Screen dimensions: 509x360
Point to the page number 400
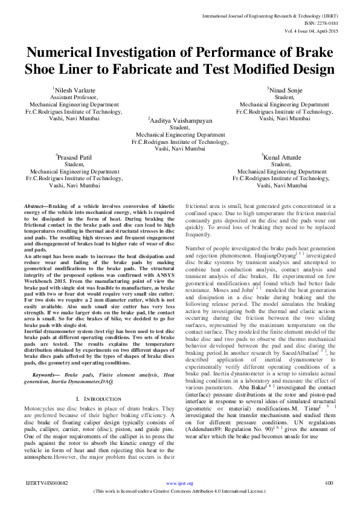pos(329,482)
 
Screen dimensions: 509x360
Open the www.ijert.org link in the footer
pos(179,483)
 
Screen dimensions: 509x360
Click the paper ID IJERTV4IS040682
pos(47,482)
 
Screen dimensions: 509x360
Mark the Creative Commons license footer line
pos(179,490)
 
